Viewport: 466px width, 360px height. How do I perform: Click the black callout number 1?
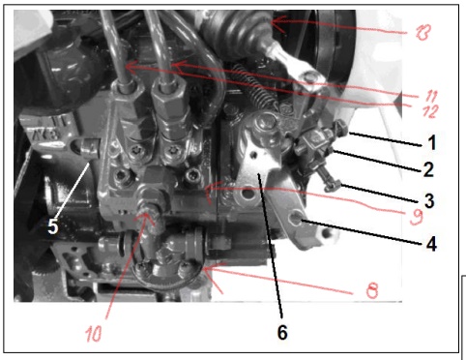tap(432, 142)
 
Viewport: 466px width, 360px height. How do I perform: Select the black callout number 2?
tap(428, 169)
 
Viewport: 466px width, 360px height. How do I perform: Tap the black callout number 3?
tap(429, 200)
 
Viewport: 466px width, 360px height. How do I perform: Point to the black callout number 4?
tap(431, 244)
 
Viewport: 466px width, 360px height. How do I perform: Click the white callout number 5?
tap(53, 226)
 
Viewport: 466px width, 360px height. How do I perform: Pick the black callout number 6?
tap(282, 332)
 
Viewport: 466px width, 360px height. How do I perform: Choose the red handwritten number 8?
tap(372, 290)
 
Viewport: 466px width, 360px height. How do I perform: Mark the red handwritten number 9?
tap(416, 217)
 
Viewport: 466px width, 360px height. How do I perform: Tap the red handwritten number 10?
tap(94, 333)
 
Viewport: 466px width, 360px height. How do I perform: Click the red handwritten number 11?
tap(431, 96)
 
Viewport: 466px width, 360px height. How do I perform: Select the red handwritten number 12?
tap(430, 111)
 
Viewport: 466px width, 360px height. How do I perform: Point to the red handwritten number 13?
tap(423, 33)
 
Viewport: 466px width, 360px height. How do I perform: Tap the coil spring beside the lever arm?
tap(256, 85)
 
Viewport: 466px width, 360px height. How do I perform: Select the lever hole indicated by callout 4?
tap(296, 219)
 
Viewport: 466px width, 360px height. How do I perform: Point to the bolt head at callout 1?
tap(341, 128)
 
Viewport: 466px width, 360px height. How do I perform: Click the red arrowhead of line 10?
tap(146, 217)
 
